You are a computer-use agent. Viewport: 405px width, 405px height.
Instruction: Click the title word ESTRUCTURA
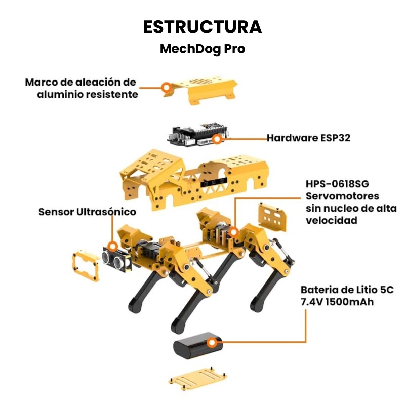click(202, 27)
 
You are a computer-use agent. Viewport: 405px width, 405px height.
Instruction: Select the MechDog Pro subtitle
click(202, 49)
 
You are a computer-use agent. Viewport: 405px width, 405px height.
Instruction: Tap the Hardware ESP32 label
click(308, 138)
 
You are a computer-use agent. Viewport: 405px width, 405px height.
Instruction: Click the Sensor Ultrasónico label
click(87, 212)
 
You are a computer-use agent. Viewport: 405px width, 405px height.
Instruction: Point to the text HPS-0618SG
click(337, 184)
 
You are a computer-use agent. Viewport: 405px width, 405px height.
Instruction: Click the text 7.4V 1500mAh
click(337, 302)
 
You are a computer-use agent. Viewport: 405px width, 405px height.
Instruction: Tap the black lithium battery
click(197, 346)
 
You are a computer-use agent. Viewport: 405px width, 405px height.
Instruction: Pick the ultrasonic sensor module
click(117, 259)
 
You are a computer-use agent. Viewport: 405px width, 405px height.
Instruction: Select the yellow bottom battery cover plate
click(197, 378)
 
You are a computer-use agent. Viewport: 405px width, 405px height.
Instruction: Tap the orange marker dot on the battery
click(212, 343)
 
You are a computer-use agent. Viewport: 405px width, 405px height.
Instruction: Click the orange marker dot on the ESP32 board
click(217, 139)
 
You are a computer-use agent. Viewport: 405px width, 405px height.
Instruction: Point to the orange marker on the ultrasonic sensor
click(112, 247)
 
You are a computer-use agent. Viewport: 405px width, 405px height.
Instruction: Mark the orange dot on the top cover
click(167, 87)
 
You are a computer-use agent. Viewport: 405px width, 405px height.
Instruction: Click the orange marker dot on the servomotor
click(234, 232)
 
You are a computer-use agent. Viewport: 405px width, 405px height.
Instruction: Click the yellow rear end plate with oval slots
click(272, 217)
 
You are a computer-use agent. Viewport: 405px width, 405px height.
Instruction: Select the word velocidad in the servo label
click(332, 221)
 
